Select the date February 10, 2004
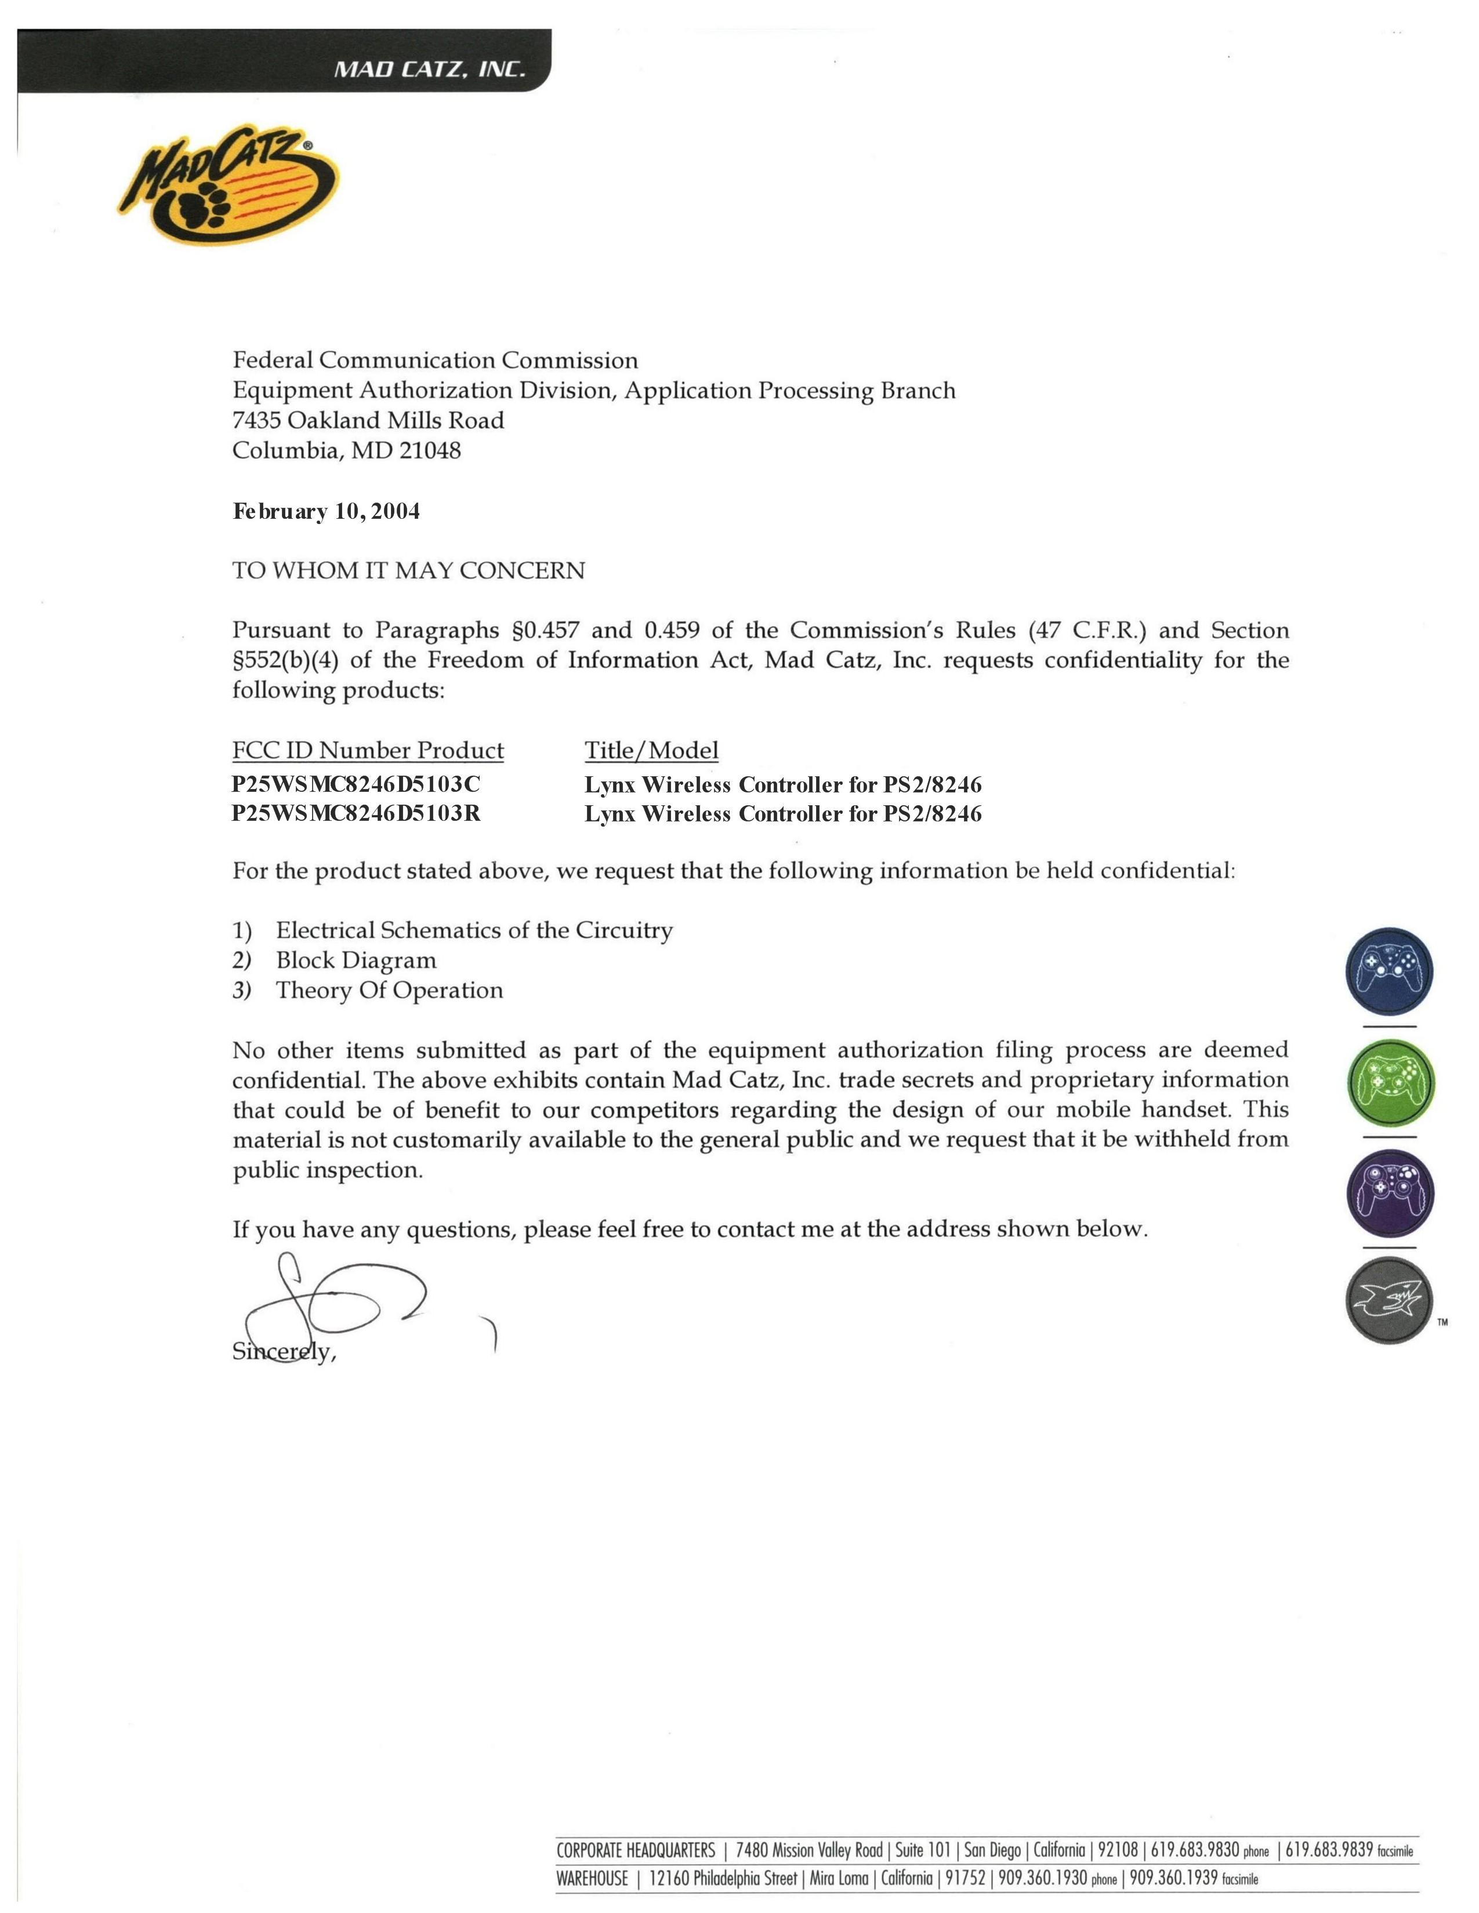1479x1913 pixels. (326, 511)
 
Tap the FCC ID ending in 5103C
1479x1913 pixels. (356, 783)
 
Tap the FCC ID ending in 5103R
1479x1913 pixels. (356, 814)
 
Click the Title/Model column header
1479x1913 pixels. (651, 751)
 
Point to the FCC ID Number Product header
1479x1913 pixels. (368, 751)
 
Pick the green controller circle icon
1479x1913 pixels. (1389, 1083)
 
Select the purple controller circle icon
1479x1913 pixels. (1389, 1193)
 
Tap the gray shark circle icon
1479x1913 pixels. (1389, 1300)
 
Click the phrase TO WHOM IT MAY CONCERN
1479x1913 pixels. (408, 571)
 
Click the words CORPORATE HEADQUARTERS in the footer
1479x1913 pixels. (635, 1851)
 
